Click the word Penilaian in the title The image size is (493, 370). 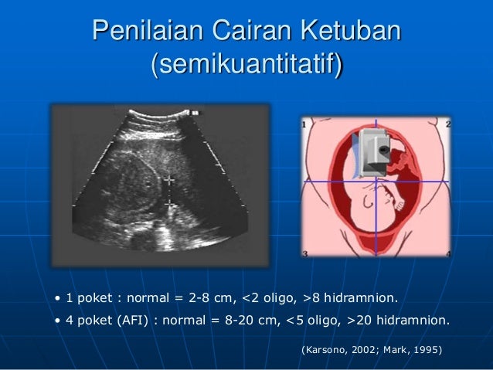[142, 32]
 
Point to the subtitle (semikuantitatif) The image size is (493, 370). [246, 66]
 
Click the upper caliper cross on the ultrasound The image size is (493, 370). [168, 179]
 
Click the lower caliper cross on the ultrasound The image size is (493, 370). [168, 204]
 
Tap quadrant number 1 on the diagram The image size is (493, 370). [305, 124]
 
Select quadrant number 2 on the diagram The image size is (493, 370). [448, 124]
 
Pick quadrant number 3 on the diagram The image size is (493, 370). [305, 253]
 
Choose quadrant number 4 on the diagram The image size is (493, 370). [448, 253]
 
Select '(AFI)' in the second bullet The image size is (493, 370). [133, 320]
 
